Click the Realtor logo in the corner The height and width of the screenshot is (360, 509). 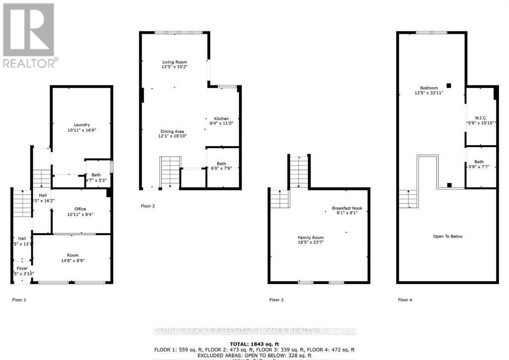click(29, 35)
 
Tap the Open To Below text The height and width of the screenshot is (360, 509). click(447, 236)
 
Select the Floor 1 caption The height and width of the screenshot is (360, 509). click(19, 300)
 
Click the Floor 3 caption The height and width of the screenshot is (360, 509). click(276, 300)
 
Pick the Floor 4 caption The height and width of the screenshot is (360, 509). click(405, 300)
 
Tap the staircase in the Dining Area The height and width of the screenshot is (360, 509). click(170, 172)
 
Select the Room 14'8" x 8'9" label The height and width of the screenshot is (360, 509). click(72, 259)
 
